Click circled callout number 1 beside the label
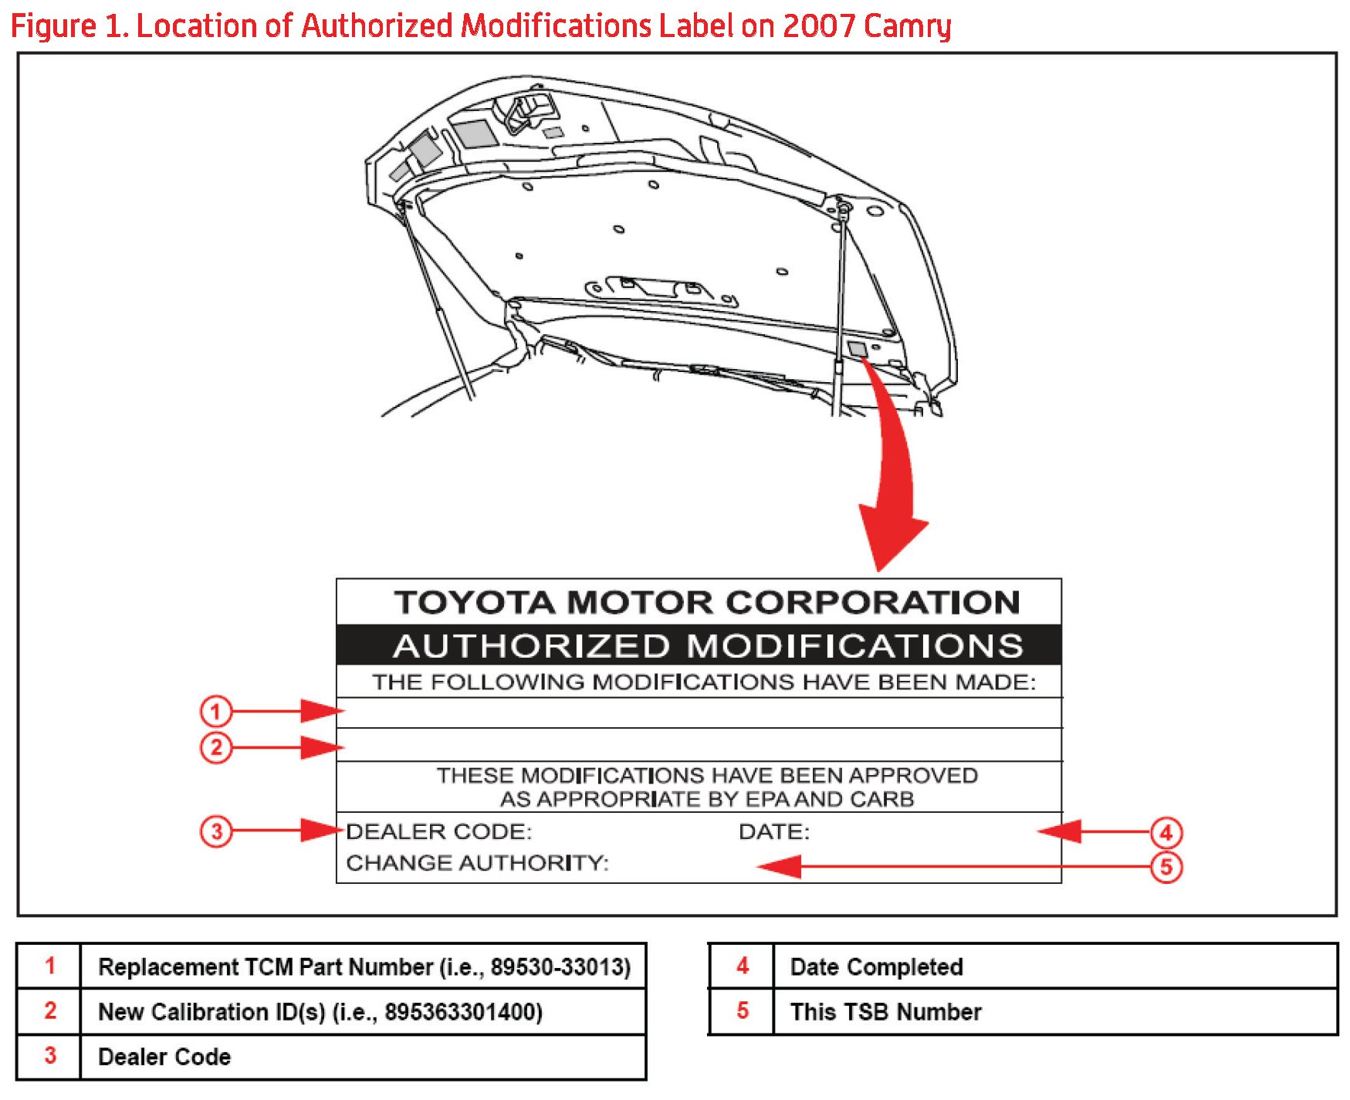coord(216,711)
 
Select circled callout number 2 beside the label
coord(216,747)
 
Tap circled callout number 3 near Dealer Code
coord(216,831)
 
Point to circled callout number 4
coord(1166,833)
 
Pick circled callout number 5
coord(1166,867)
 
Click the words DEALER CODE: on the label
coord(438,831)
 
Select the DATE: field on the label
coord(773,831)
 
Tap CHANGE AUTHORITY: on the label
coord(477,862)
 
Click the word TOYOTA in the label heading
coord(474,603)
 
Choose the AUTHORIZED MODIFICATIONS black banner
coord(699,645)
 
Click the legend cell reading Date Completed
coord(876,966)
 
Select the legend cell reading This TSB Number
coord(885,1011)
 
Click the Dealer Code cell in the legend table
coord(164,1056)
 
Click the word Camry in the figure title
coord(907,26)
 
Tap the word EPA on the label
coord(767,799)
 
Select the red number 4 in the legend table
coord(742,966)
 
